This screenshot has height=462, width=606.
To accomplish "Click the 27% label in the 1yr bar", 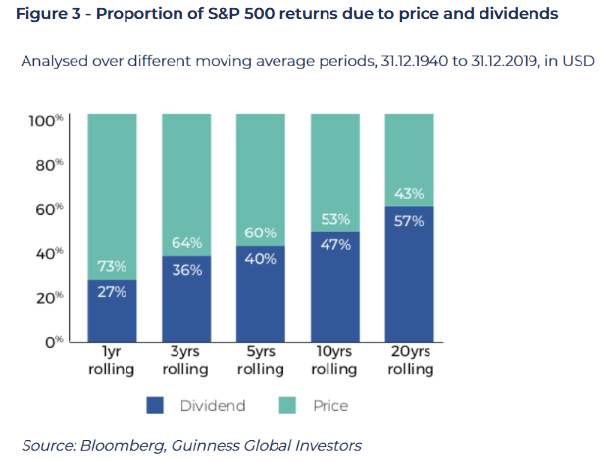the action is [x=112, y=292].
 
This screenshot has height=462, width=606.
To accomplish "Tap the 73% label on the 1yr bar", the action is [x=112, y=266].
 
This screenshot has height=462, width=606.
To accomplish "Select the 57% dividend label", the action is [x=409, y=221].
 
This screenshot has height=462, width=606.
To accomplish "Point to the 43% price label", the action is [x=409, y=193].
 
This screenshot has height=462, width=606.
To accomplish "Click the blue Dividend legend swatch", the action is [x=155, y=405].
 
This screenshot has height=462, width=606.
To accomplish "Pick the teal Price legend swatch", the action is [x=287, y=405].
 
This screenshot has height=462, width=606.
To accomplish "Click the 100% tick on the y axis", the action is [x=46, y=121].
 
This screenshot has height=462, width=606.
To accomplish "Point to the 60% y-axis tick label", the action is [x=49, y=209].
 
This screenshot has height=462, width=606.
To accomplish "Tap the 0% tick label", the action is [x=54, y=342].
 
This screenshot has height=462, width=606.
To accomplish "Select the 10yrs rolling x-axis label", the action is [x=334, y=360].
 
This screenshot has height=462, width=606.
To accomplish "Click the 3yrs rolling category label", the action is [x=185, y=360].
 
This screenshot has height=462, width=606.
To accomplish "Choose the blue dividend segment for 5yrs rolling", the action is [x=261, y=294].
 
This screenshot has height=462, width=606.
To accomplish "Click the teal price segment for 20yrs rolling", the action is [x=410, y=160].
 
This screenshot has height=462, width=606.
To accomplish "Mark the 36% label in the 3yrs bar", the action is [x=187, y=270].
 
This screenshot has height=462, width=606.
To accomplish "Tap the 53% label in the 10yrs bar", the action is [x=335, y=219].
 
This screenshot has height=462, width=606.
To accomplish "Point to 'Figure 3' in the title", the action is [x=48, y=14].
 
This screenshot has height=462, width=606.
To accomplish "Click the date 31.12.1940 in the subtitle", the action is [x=415, y=61].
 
